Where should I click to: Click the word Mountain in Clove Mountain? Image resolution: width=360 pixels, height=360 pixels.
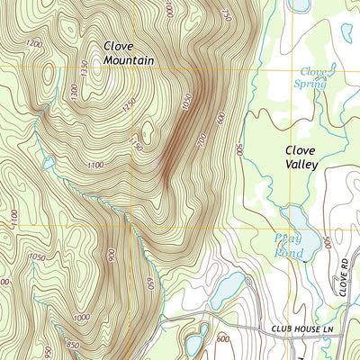pos(129,60)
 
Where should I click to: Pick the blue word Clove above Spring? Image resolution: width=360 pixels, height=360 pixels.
pos(312,70)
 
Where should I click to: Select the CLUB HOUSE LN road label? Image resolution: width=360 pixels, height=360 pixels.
pos(305,330)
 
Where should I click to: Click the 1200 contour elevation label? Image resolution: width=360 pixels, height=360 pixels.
pos(34,43)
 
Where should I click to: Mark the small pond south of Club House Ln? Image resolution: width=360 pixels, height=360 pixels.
pos(193,344)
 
